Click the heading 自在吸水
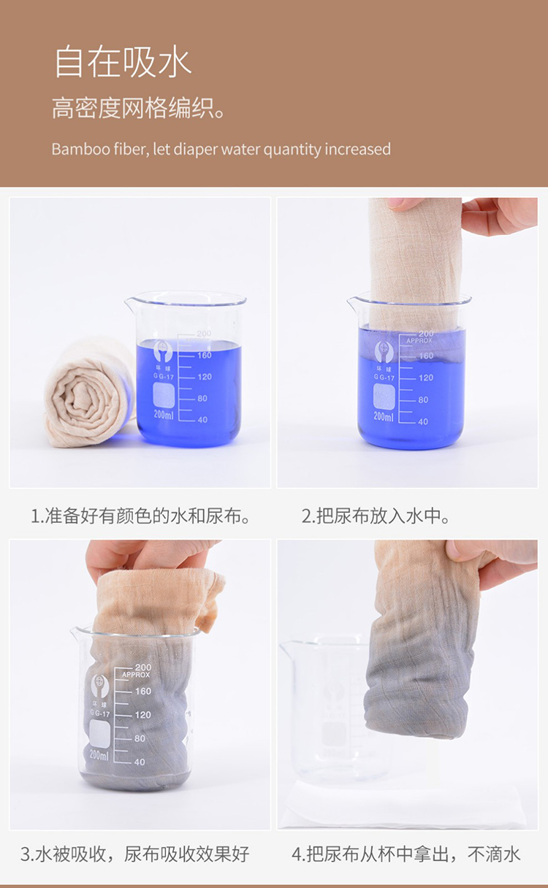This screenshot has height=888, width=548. [x=123, y=62]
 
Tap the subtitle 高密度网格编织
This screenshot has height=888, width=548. [x=138, y=108]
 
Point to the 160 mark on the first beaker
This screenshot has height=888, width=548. [x=205, y=355]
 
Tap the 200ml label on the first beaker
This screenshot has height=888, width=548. [x=164, y=415]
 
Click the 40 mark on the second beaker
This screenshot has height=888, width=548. [x=423, y=421]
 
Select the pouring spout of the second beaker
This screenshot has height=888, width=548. [x=352, y=303]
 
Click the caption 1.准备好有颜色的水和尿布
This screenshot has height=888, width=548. [x=140, y=516]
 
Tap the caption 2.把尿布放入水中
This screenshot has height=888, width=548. [x=375, y=516]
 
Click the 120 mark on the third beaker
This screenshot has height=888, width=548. [x=143, y=715]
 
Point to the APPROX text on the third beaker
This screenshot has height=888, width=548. [x=136, y=674]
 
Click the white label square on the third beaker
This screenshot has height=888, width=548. [x=99, y=733]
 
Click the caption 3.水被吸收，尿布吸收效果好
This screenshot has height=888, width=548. [x=135, y=854]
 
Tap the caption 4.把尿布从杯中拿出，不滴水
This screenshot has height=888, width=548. [x=406, y=854]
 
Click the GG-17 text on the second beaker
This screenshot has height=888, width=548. [x=384, y=378]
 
